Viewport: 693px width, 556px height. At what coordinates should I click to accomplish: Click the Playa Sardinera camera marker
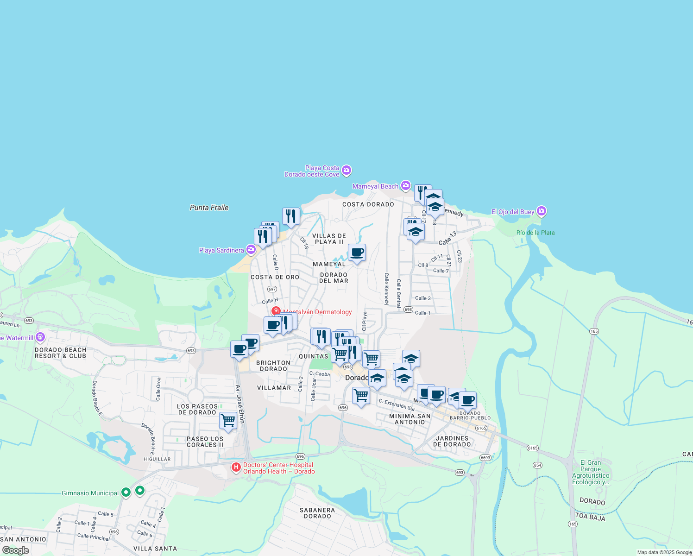point(251,250)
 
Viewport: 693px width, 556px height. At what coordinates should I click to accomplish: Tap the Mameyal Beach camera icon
point(406,186)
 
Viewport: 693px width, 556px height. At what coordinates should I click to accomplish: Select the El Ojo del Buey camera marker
point(542,211)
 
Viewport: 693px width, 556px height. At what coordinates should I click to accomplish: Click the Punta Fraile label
point(209,208)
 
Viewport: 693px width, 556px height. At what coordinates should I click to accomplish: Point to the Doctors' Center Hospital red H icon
point(236,467)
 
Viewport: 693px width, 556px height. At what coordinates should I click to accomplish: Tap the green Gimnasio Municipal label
point(90,493)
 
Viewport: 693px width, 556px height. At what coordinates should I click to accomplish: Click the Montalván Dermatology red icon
point(276,311)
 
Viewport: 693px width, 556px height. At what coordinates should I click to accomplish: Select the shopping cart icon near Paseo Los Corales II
point(228,421)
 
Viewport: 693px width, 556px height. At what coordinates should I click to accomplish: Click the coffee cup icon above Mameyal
point(357,253)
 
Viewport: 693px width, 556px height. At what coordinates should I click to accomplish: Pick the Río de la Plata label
point(535,233)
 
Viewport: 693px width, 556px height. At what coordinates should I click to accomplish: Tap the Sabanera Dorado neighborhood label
point(317,513)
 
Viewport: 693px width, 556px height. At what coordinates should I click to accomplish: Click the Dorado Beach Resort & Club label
point(61,353)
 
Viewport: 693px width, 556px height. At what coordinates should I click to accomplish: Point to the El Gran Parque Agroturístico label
point(591,472)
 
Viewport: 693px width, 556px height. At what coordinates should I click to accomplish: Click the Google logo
point(15,550)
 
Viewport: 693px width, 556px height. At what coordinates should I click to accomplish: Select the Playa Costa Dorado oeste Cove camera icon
point(346,171)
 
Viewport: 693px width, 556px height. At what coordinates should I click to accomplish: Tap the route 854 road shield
point(537,465)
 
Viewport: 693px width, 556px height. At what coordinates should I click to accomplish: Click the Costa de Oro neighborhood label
point(275,277)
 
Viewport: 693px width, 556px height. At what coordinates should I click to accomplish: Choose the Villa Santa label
point(155,549)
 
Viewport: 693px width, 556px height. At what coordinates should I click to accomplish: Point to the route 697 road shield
point(272,289)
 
